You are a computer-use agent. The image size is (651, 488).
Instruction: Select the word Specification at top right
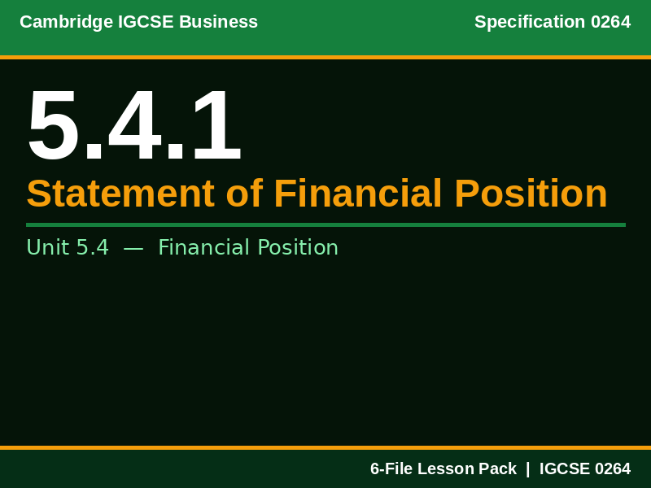click(x=530, y=22)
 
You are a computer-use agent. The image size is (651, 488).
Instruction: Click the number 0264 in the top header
click(x=610, y=22)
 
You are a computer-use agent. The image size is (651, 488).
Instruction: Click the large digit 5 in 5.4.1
click(x=54, y=127)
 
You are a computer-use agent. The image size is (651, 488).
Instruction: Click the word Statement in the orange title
click(x=120, y=194)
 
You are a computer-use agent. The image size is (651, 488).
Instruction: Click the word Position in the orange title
click(x=531, y=194)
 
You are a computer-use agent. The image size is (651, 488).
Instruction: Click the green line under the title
click(x=325, y=224)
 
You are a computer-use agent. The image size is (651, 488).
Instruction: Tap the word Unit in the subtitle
click(x=48, y=248)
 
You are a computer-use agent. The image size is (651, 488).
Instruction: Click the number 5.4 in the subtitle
click(x=92, y=248)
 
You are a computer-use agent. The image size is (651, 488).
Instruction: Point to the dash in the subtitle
click(x=133, y=248)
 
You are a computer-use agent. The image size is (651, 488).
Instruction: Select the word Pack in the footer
click(x=496, y=469)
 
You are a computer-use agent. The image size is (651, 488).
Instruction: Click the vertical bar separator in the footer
click(x=527, y=469)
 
